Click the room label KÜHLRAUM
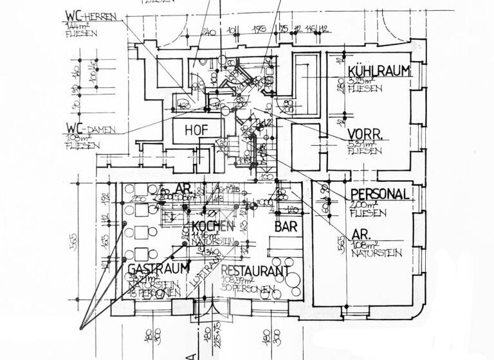coord(378,71)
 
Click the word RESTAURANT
coord(255,271)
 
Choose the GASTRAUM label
coord(158,267)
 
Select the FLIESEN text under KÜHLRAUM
coord(363,91)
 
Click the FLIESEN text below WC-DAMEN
coord(83,147)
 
